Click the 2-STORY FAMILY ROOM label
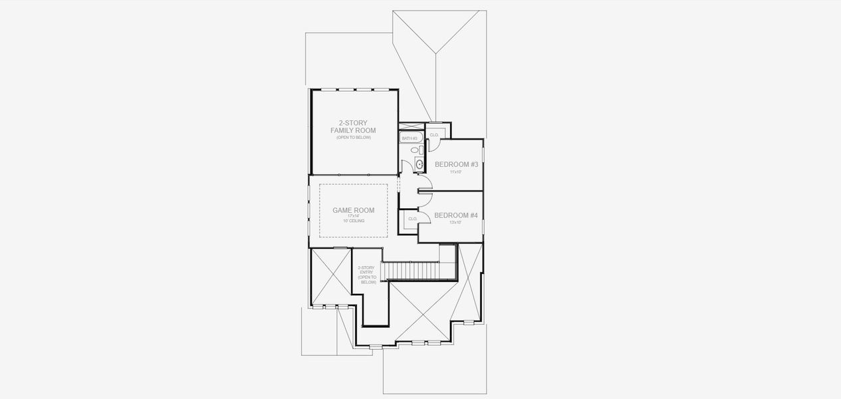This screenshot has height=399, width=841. [353, 126]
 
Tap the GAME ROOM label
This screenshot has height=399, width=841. [353, 210]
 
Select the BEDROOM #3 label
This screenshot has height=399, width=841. [456, 164]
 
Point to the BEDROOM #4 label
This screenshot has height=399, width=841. [456, 215]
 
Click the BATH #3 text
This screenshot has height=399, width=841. [409, 138]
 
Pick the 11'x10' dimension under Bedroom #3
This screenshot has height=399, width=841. [455, 172]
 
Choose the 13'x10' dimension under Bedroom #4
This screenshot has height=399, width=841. [455, 223]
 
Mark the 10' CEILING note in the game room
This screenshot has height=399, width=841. [353, 221]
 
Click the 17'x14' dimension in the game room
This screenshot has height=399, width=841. [353, 216]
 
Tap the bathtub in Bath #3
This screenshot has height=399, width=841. [409, 138]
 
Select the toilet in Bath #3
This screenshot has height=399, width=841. [415, 151]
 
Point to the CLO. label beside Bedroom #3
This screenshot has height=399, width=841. [434, 135]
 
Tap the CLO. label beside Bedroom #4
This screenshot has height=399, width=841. [412, 219]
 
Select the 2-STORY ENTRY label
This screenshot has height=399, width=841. [367, 274]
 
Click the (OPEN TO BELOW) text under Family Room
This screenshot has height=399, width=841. [353, 137]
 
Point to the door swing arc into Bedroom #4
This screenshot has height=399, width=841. [426, 198]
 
